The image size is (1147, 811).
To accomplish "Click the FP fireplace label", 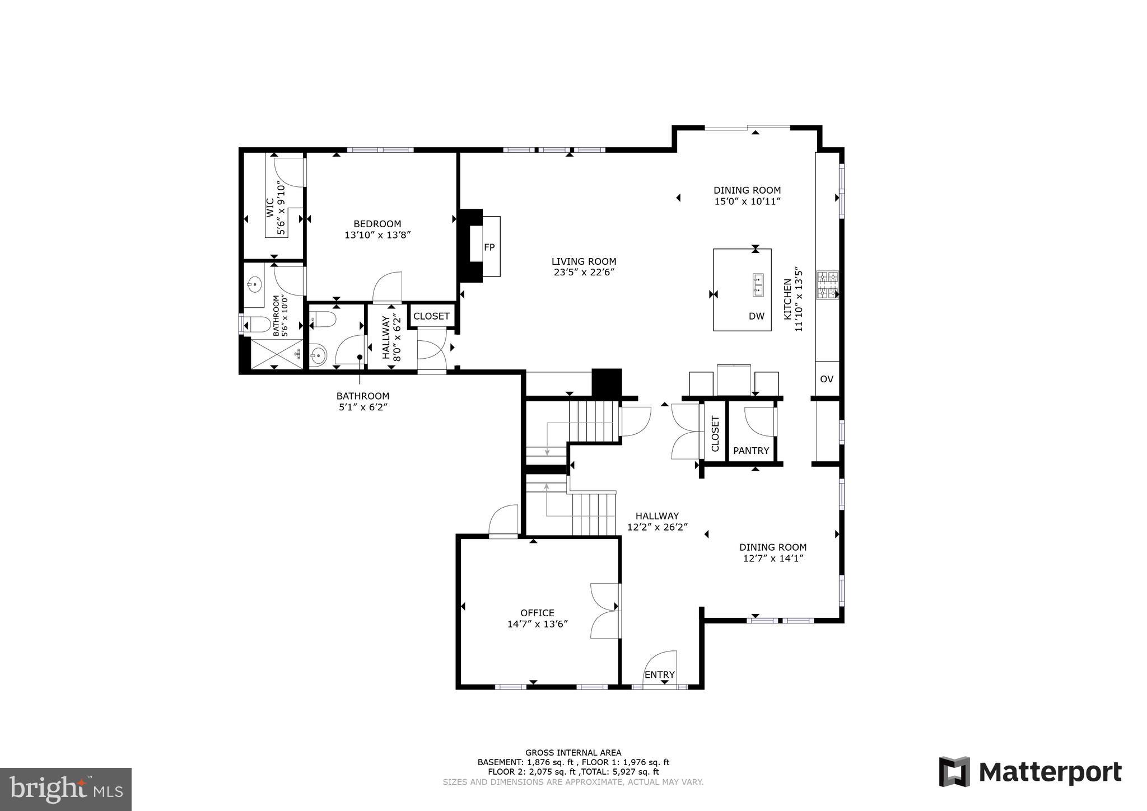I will click(x=489, y=247).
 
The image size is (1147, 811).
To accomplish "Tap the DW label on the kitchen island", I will click(x=756, y=316).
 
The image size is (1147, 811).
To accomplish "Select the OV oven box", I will click(x=827, y=379).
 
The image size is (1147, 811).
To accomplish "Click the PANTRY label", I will click(x=751, y=451).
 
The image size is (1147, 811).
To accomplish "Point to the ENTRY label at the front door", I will click(x=659, y=674).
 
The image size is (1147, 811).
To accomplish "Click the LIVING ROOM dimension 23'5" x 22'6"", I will click(x=584, y=273).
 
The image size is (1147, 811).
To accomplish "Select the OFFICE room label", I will click(x=537, y=613).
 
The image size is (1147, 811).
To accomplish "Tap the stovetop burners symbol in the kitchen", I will click(x=827, y=285).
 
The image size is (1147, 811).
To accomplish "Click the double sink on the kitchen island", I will click(x=758, y=284).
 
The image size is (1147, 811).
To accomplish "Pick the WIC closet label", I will click(x=270, y=208).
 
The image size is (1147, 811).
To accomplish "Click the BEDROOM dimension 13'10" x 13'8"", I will click(x=377, y=235).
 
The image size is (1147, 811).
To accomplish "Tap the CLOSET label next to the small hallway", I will click(x=431, y=316).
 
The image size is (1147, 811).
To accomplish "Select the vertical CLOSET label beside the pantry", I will click(x=715, y=433).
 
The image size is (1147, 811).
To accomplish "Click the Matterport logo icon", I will click(x=954, y=772).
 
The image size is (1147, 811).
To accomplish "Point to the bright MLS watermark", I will click(x=66, y=789).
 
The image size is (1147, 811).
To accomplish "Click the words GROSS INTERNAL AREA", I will click(x=573, y=753).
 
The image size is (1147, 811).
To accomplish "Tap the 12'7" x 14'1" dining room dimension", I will click(x=772, y=558).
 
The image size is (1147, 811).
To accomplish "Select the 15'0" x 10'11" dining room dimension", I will click(x=747, y=201).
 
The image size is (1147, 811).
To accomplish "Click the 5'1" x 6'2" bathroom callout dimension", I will click(x=363, y=407).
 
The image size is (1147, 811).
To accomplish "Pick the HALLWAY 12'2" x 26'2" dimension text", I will click(x=657, y=527).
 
